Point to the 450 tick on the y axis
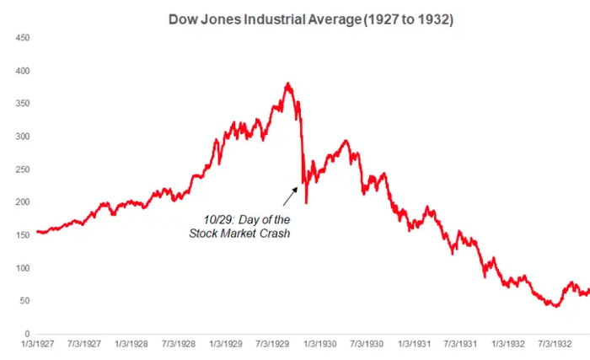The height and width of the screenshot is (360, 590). click(x=24, y=38)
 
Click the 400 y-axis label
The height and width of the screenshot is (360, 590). click(x=24, y=71)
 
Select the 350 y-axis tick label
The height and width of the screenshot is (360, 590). click(x=24, y=104)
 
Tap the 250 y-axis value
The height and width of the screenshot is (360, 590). click(x=24, y=169)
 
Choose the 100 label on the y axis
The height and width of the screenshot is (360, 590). click(x=24, y=268)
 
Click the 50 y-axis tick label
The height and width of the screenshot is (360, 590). click(x=26, y=301)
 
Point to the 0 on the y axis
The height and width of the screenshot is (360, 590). click(x=29, y=334)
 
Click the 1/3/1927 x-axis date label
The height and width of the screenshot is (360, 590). click(x=37, y=346)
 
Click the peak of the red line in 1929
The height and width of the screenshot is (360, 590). click(x=288, y=83)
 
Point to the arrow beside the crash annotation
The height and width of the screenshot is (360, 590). click(x=289, y=196)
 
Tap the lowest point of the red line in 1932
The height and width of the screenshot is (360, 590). click(x=554, y=306)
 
